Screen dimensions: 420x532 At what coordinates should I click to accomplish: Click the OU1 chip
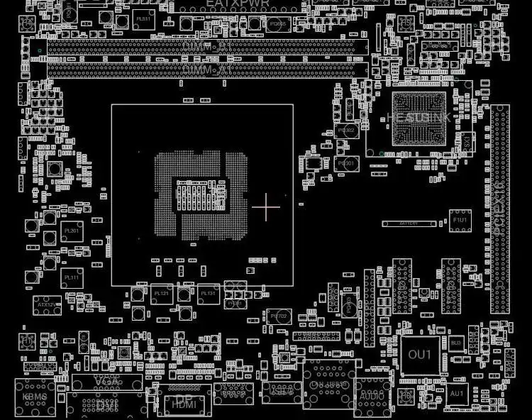[x=419, y=354]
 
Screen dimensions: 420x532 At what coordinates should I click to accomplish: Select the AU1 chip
[x=457, y=393]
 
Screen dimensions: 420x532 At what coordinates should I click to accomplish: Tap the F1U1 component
[x=460, y=220]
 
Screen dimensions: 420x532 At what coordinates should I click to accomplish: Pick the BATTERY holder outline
[x=409, y=223]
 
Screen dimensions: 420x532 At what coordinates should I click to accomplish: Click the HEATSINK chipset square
[x=419, y=116]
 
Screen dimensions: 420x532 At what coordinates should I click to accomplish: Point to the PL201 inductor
[x=72, y=231]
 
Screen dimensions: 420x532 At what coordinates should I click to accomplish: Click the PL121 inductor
[x=162, y=292]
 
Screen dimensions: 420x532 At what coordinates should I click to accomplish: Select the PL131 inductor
[x=208, y=292]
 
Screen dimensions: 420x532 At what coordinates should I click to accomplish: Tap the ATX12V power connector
[x=47, y=305]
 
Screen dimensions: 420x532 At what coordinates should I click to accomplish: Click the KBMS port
[x=35, y=397]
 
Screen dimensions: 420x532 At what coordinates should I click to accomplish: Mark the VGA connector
[x=106, y=382]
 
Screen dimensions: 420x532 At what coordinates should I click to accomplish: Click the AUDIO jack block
[x=373, y=393]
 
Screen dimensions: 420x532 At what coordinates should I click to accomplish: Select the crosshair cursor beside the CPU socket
[x=266, y=206]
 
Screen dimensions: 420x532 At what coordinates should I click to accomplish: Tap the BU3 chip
[x=456, y=343]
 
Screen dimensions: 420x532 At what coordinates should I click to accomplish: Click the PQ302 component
[x=346, y=131]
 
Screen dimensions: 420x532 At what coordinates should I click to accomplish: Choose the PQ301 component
[x=347, y=164]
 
